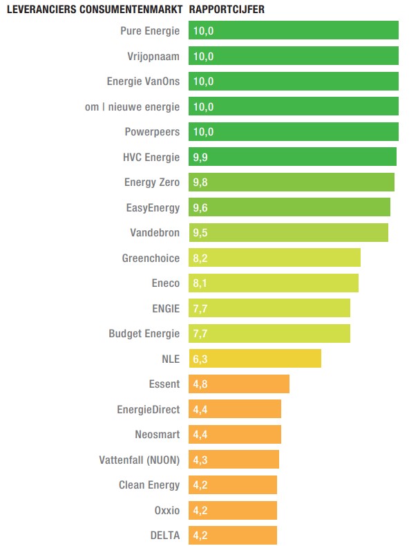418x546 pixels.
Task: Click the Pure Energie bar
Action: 294,30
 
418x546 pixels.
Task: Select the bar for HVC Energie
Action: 292,157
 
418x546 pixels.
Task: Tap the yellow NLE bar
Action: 254,359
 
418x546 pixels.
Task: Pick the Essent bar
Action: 239,384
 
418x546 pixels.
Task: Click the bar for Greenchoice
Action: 274,258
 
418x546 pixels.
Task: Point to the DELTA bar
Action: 233,535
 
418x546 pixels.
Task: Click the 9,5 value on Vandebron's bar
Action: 200,233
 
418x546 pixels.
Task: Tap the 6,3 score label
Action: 200,359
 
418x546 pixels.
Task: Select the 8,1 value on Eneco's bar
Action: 200,283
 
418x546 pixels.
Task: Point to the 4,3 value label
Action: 200,460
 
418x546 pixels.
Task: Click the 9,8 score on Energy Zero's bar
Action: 200,182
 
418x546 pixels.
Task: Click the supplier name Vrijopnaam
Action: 153,56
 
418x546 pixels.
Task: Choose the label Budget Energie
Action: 144,334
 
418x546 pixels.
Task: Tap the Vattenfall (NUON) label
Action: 140,460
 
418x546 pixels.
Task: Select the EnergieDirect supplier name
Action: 148,409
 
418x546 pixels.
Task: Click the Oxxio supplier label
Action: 167,510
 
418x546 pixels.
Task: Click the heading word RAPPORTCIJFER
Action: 227,10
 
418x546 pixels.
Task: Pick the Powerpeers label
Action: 152,132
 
